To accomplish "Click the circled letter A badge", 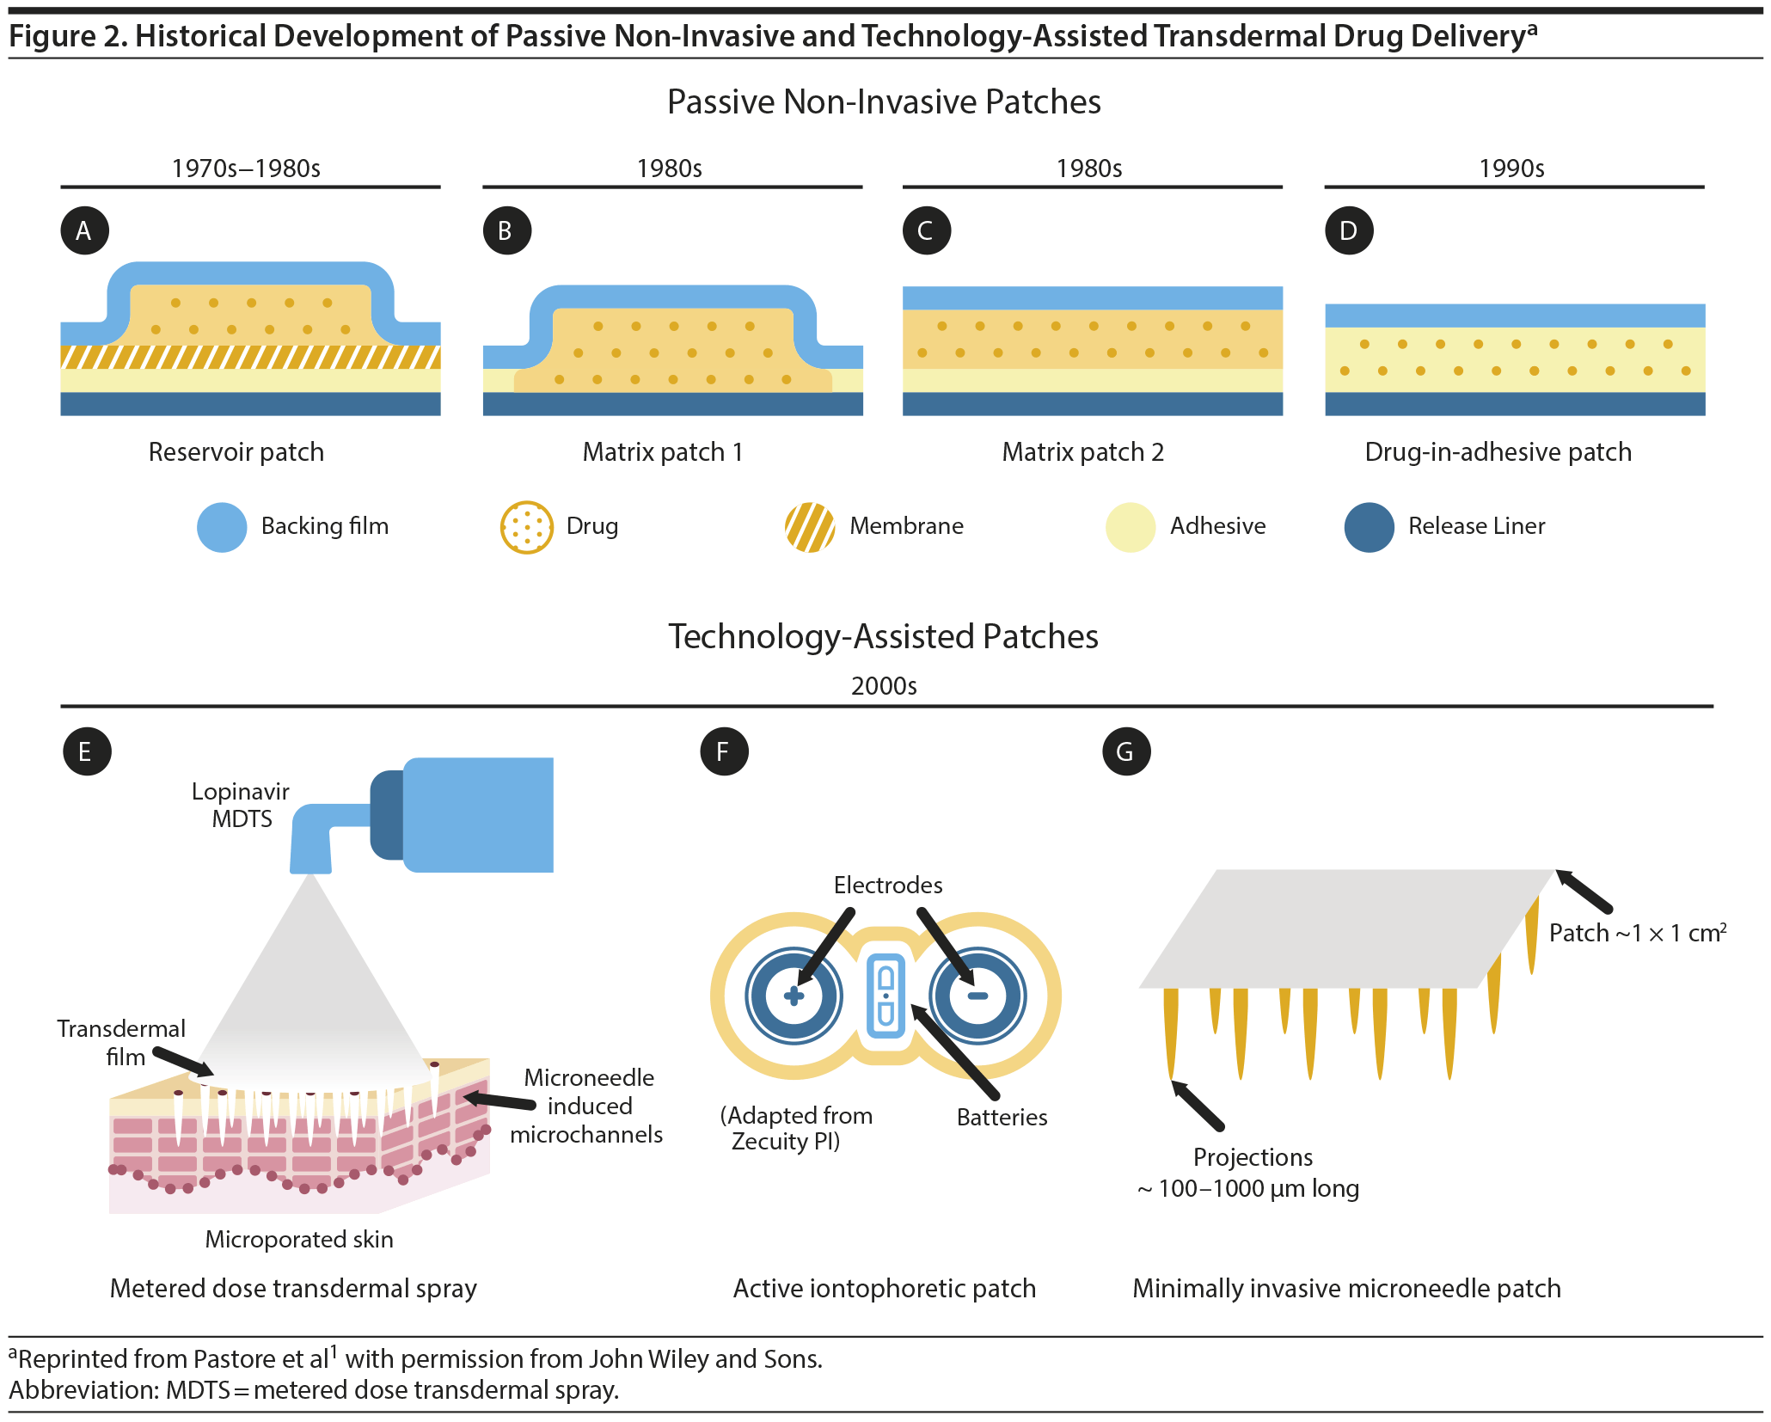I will point(84,230).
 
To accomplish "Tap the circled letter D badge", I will point(1349,230).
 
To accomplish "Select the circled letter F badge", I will point(724,751).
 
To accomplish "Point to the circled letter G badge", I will point(1126,751).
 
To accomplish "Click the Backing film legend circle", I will point(222,527).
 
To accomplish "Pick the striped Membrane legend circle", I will point(810,527).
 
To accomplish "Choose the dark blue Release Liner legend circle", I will point(1369,527).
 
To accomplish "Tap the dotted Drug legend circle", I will point(526,527).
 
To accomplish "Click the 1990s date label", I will point(1511,169).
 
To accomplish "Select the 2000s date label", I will point(884,686).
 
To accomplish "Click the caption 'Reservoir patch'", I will point(236,452).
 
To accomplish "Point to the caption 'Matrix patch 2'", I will point(1082,452).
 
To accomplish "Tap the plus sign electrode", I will point(794,996).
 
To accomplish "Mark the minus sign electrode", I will point(977,996).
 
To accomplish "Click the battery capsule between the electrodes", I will point(885,996).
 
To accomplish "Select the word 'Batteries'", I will point(1002,1118).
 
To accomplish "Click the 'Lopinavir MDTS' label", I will point(241,805).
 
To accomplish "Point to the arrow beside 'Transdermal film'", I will point(183,1061).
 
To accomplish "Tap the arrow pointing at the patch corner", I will point(1584,892).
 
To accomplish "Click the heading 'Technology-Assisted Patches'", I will point(884,637).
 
